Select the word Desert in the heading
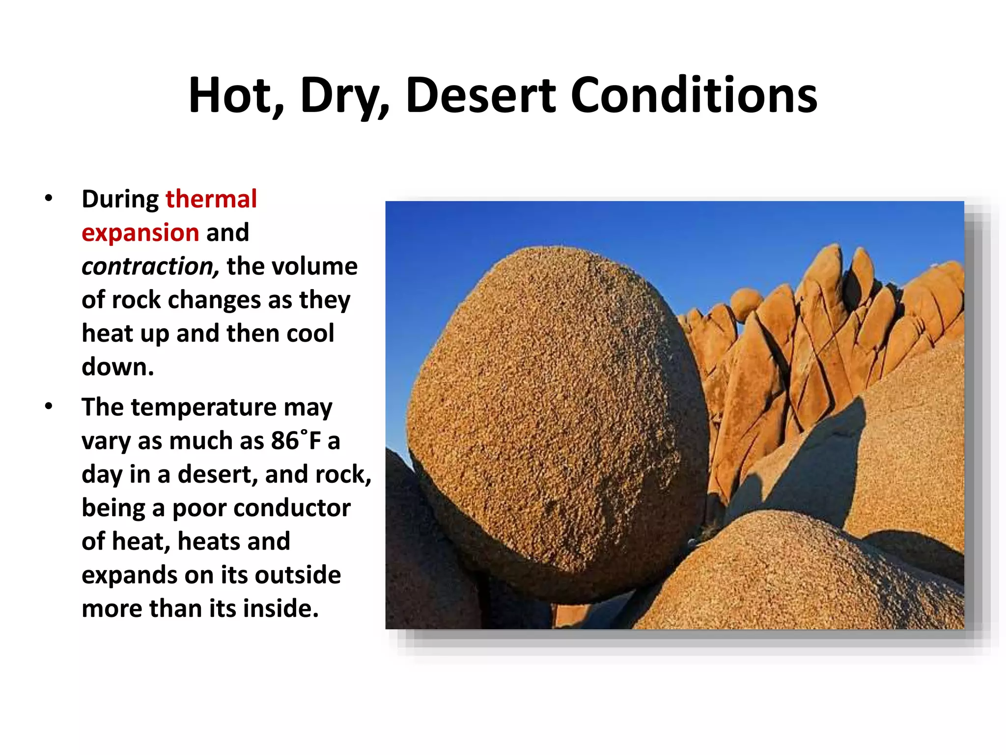point(481,95)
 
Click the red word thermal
point(211,199)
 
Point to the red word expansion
point(140,232)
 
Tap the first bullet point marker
point(48,199)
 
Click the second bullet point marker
point(48,407)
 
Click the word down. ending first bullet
point(118,367)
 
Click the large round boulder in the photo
point(555,423)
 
